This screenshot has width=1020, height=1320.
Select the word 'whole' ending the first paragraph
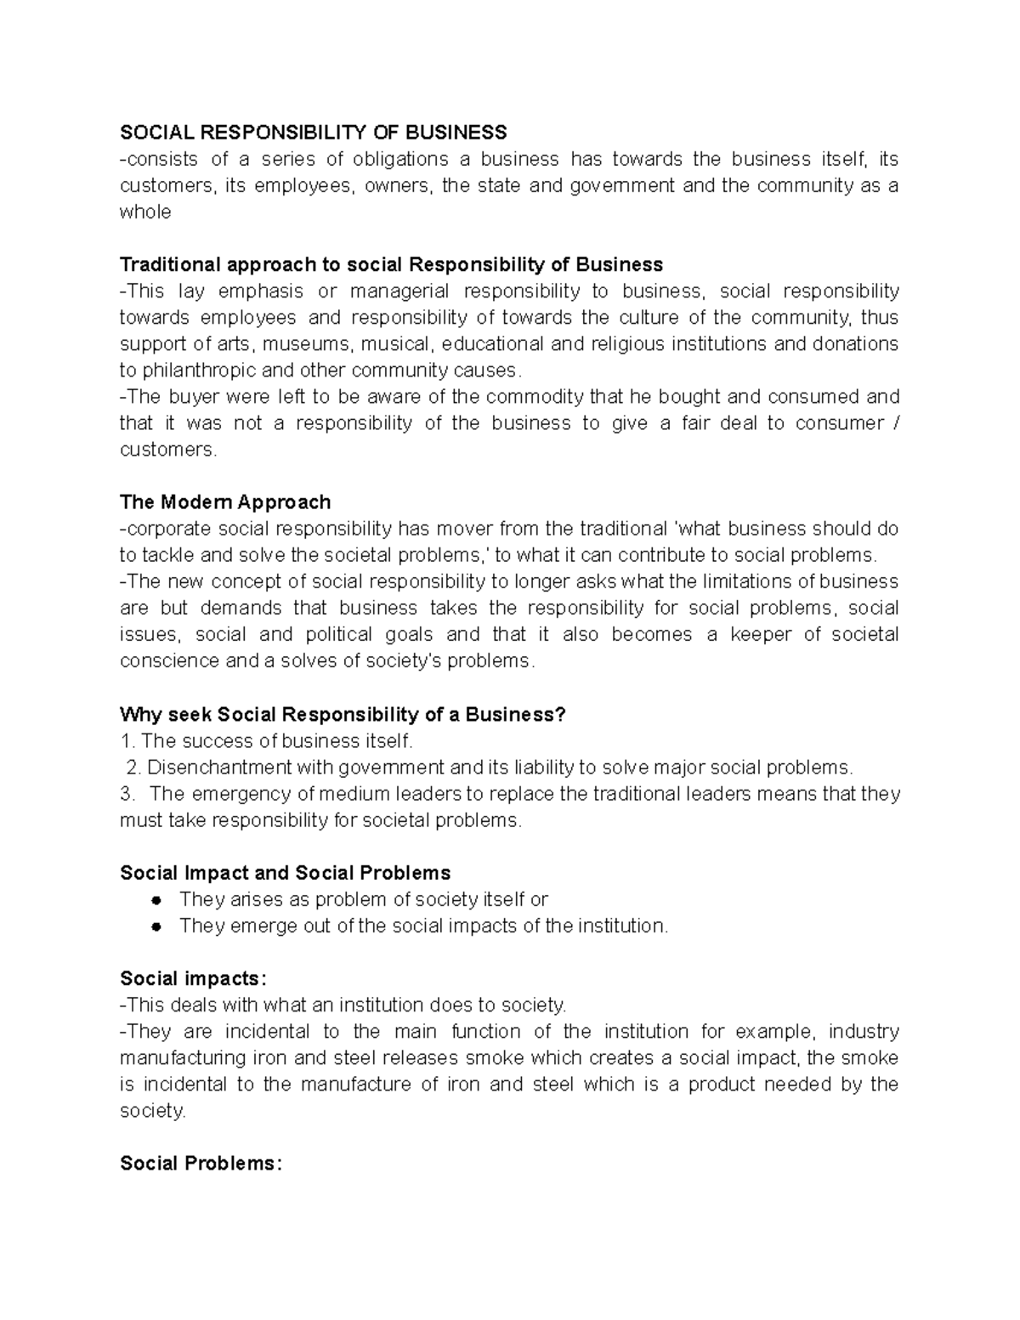point(145,212)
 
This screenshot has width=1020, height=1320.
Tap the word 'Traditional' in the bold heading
point(168,264)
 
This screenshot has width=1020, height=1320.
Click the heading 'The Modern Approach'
point(225,502)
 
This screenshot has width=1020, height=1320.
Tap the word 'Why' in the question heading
point(139,714)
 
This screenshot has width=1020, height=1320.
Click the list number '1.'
point(128,741)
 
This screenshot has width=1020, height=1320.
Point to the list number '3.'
point(128,794)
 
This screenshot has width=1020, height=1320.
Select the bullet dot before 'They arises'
point(156,900)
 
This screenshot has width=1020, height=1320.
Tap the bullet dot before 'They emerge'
point(156,926)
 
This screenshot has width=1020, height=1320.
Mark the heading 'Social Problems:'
point(200,1164)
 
